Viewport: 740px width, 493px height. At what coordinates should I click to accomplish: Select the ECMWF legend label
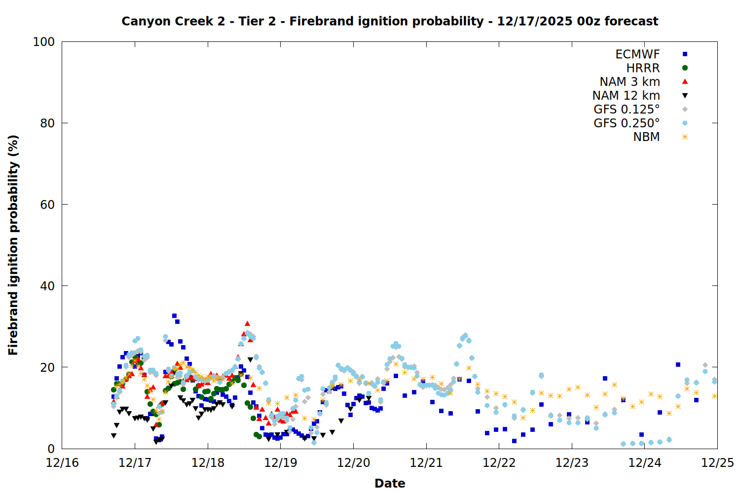click(637, 54)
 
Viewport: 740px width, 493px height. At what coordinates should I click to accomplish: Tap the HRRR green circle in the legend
click(685, 68)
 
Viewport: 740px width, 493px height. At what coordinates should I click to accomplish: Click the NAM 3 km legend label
click(629, 82)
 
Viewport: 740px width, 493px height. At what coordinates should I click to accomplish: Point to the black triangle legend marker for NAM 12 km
click(685, 96)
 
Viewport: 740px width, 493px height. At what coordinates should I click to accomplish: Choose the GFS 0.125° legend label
click(627, 109)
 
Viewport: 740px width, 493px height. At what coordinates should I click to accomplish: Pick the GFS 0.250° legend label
click(627, 123)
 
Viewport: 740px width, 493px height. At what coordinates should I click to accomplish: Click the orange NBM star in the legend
click(685, 137)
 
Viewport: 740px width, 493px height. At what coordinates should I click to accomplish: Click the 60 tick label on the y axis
click(47, 205)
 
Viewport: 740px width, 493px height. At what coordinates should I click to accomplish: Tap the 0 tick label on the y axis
click(51, 449)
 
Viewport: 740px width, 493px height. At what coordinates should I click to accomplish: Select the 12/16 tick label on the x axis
click(62, 463)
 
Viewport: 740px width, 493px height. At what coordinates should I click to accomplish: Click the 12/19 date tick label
click(280, 463)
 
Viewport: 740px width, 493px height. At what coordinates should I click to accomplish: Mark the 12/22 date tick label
click(499, 463)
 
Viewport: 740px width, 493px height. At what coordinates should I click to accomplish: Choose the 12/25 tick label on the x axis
click(717, 463)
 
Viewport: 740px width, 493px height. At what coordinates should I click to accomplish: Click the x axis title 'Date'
click(390, 483)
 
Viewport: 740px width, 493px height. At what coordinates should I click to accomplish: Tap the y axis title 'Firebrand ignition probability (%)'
click(13, 245)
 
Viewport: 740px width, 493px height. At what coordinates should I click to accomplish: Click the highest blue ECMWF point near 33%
click(174, 316)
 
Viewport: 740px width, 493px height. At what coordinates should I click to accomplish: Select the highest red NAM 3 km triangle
click(247, 323)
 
